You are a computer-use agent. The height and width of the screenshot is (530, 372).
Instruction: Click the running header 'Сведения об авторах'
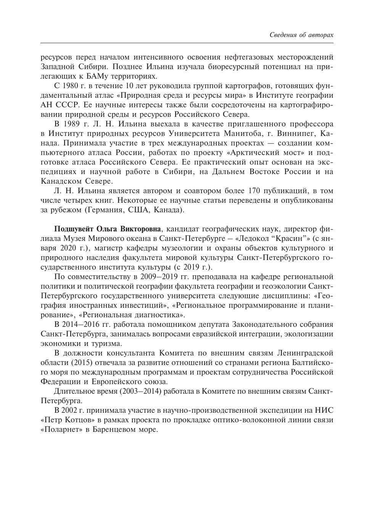tap(301, 35)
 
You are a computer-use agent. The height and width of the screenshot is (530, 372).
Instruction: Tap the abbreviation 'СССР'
tap(65, 105)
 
